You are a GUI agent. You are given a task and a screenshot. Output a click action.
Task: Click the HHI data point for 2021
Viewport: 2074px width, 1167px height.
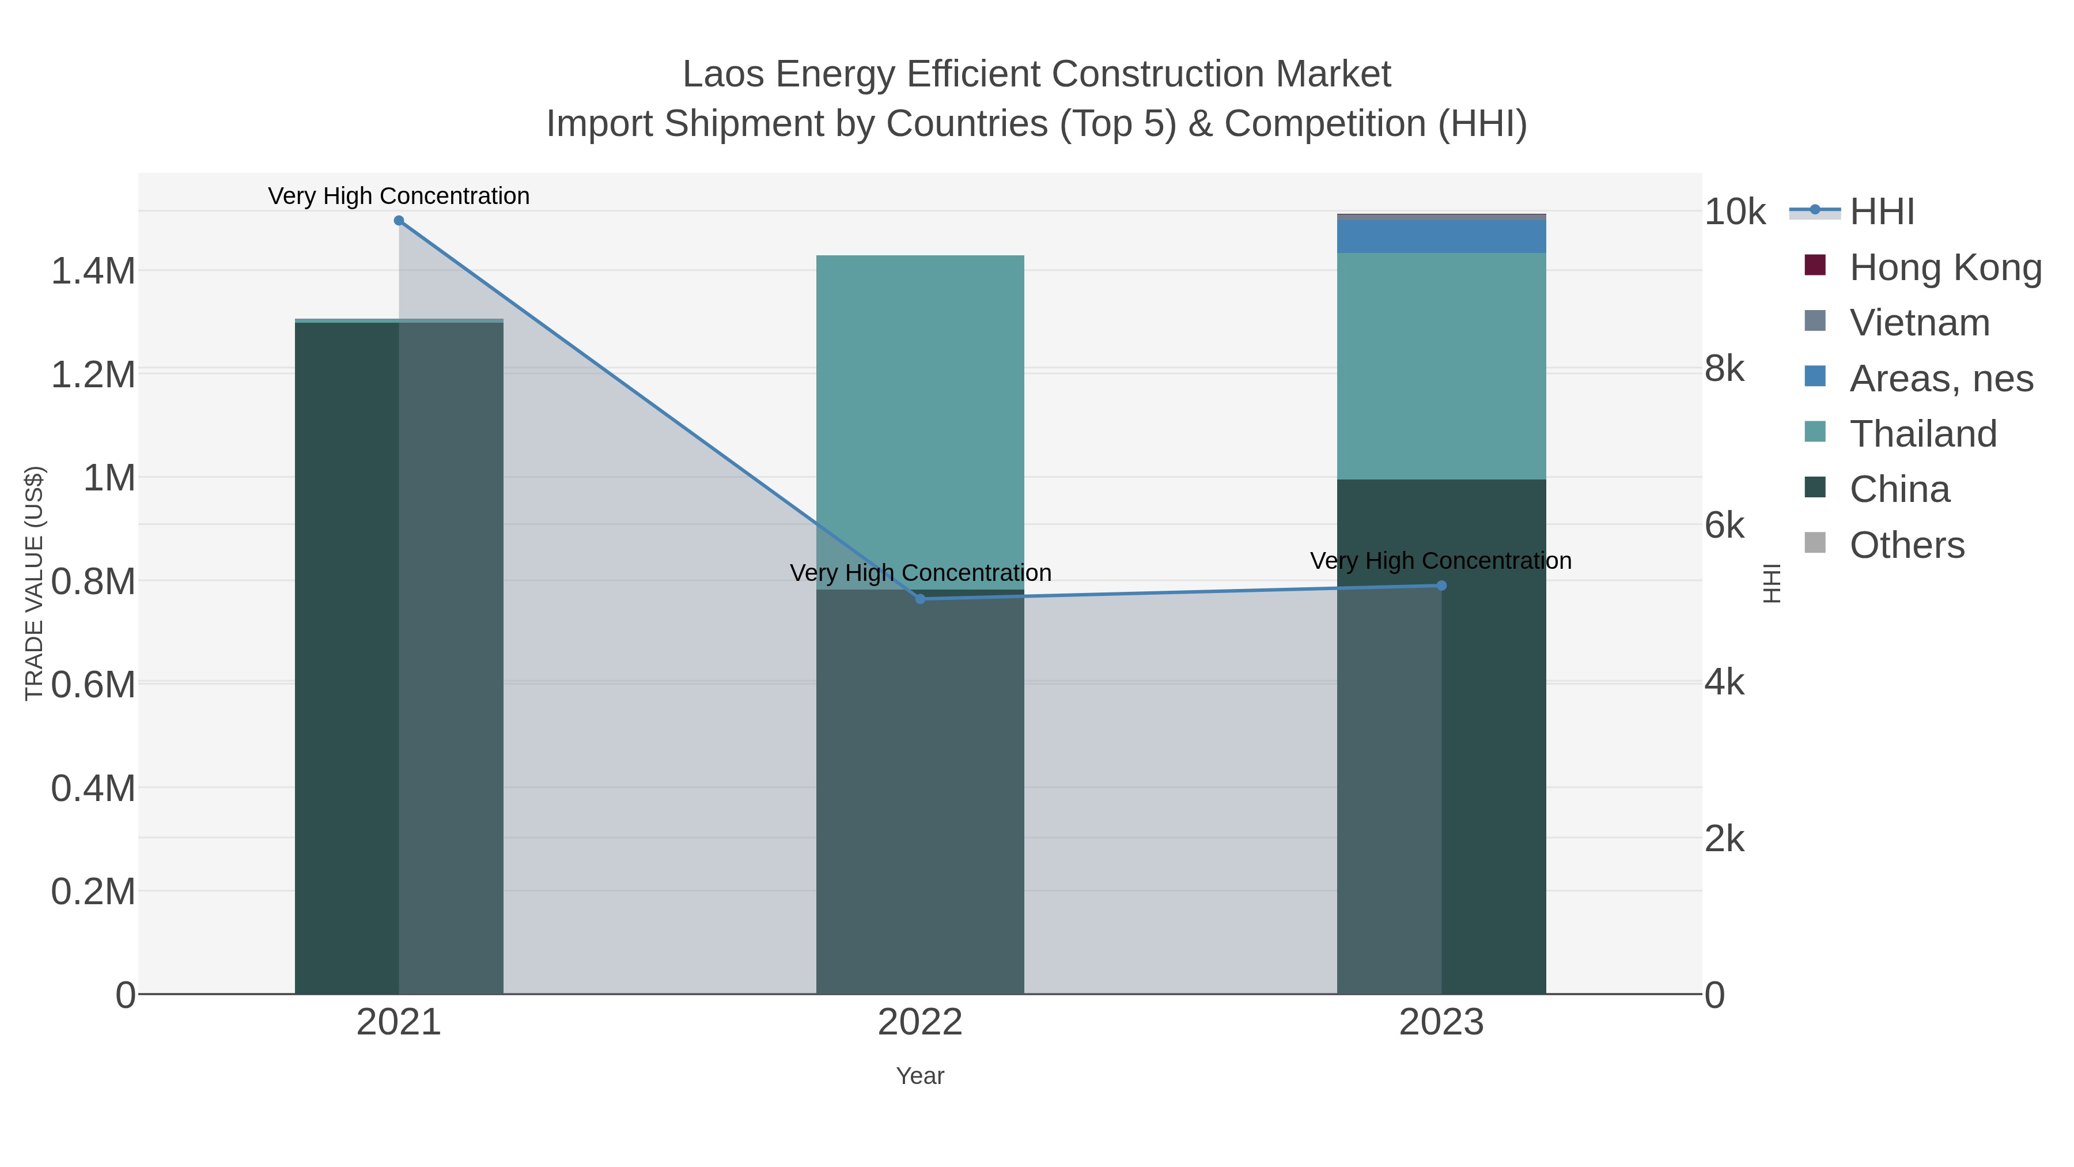(399, 221)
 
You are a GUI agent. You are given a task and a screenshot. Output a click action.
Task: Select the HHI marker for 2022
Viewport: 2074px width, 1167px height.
(920, 598)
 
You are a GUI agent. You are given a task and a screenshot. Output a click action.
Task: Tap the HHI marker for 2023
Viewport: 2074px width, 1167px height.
(1441, 586)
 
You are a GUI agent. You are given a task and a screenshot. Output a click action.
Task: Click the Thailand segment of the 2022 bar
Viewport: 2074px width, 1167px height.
(920, 419)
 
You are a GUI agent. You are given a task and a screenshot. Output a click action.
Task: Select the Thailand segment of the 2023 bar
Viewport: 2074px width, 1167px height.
(1441, 367)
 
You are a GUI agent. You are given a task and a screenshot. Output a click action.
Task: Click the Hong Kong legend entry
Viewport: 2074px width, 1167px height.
(1944, 267)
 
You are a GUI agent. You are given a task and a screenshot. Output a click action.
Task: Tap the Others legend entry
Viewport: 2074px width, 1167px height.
(1906, 545)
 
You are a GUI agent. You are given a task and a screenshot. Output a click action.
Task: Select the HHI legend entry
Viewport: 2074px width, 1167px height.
(1881, 212)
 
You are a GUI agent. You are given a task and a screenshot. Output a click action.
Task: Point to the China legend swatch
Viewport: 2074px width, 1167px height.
(1815, 487)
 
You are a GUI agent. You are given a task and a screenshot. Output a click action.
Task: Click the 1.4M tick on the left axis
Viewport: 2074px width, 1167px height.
(93, 271)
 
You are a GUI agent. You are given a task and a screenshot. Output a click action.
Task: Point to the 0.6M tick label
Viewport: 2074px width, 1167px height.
(93, 685)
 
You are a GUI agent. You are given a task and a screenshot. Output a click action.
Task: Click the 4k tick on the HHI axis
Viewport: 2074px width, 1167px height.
(1724, 683)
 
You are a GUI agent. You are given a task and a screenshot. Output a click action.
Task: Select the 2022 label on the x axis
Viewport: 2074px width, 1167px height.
(920, 1023)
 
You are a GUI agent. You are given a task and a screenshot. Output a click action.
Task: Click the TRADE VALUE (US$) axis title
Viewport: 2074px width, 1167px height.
(35, 583)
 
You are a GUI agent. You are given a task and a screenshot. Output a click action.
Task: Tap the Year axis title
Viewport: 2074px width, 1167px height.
(920, 1076)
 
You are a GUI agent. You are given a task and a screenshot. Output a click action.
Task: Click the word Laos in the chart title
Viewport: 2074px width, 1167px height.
(722, 75)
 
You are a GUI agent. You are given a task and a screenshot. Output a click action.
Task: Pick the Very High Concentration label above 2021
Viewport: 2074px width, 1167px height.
(399, 197)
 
